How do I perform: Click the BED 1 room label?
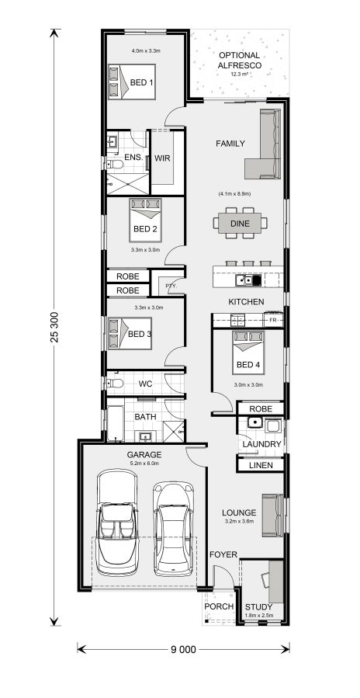tap(141, 82)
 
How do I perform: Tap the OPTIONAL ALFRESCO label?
tap(240, 60)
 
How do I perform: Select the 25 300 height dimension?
tap(55, 327)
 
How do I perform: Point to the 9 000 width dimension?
tap(183, 650)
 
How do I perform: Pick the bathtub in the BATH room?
tap(116, 423)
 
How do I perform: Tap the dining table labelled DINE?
tap(240, 224)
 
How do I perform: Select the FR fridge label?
tap(273, 320)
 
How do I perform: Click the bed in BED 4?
tap(248, 352)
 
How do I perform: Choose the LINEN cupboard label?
tap(261, 465)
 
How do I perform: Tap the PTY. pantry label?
tap(171, 286)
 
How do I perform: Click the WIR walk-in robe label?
tap(162, 158)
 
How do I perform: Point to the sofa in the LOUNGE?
tap(273, 516)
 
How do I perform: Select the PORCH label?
tap(219, 606)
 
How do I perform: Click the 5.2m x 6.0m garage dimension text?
tap(144, 464)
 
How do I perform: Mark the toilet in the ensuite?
tap(116, 165)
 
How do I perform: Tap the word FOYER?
tap(223, 554)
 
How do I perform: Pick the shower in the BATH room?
tap(174, 431)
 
